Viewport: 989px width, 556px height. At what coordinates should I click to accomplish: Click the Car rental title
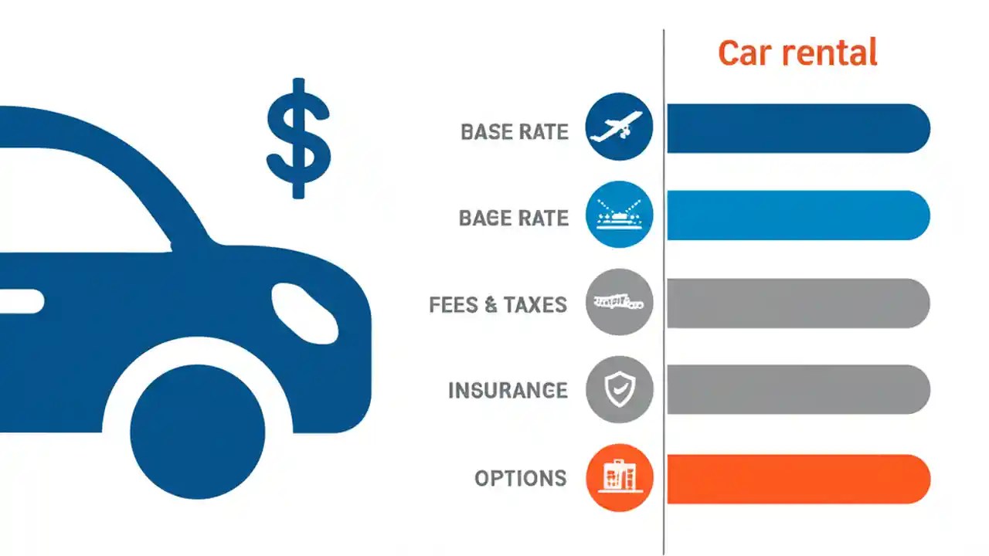pos(797,53)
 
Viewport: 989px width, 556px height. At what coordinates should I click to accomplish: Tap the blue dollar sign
pos(298,138)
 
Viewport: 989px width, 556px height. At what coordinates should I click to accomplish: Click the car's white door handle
pos(21,301)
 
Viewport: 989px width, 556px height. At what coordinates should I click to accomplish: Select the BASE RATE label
pos(515,132)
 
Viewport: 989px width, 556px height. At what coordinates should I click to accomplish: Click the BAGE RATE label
pos(514,219)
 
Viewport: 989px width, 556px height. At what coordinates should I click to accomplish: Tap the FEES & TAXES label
pos(498,305)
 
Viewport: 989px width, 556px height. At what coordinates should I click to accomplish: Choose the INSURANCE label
pos(508,390)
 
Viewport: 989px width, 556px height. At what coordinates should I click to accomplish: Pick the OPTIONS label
pos(520,479)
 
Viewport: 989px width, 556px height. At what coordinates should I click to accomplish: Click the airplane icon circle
pos(619,127)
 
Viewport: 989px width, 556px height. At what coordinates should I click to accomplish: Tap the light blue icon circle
pos(619,215)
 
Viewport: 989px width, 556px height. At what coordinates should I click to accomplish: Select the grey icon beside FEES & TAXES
pos(619,302)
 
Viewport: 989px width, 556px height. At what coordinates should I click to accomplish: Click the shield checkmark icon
pos(619,390)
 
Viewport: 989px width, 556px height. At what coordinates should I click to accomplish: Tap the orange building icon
pos(619,478)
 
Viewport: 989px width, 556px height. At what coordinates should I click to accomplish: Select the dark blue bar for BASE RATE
pos(797,128)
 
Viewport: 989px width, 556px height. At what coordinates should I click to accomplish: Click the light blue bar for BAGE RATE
pos(797,215)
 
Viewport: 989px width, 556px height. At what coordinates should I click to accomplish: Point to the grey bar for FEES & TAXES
pos(797,303)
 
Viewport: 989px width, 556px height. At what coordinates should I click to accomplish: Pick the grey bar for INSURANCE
pos(797,390)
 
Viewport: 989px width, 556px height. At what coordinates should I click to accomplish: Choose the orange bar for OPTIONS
pos(797,479)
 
